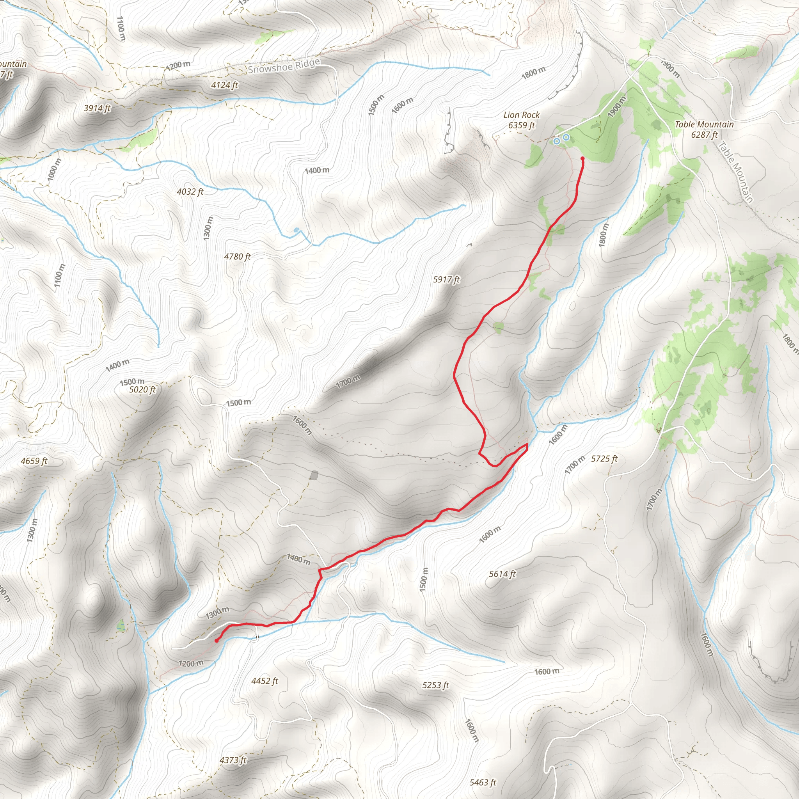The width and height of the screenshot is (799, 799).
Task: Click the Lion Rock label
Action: pyautogui.click(x=521, y=115)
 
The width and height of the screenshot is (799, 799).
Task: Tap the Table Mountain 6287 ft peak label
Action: pyautogui.click(x=704, y=130)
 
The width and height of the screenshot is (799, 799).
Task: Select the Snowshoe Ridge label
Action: pyautogui.click(x=284, y=66)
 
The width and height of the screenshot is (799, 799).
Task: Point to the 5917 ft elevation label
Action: pyautogui.click(x=446, y=280)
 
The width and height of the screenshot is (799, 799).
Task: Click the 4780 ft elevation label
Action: pyautogui.click(x=237, y=257)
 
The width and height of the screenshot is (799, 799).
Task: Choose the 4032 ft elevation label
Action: pyautogui.click(x=190, y=192)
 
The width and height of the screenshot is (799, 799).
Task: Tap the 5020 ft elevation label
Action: pyautogui.click(x=142, y=390)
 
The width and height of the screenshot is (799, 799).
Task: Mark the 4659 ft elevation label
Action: pyautogui.click(x=34, y=461)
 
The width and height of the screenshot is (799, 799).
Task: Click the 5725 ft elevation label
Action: pyautogui.click(x=604, y=459)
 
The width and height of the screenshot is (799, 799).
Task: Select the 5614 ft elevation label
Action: pyautogui.click(x=502, y=574)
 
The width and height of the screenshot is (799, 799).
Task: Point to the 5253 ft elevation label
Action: pyautogui.click(x=435, y=685)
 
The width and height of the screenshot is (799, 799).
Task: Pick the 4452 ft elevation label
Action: pyautogui.click(x=265, y=681)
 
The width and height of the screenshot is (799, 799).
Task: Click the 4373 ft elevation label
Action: pyautogui.click(x=233, y=760)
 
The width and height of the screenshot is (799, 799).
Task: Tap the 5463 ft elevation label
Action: pyautogui.click(x=483, y=783)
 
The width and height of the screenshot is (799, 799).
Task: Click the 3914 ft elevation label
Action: pyautogui.click(x=97, y=108)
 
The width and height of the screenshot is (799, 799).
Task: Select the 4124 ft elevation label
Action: pyautogui.click(x=225, y=85)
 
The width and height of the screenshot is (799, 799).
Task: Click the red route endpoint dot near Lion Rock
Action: pyautogui.click(x=582, y=158)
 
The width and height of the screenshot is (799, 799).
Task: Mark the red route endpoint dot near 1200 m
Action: pyautogui.click(x=217, y=641)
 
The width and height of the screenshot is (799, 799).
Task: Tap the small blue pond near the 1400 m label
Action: pyautogui.click(x=296, y=230)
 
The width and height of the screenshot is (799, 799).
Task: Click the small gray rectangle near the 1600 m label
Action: pyautogui.click(x=314, y=476)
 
